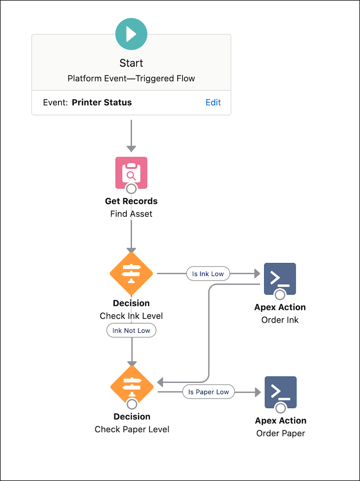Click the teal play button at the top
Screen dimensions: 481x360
[131, 34]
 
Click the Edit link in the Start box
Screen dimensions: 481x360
[213, 102]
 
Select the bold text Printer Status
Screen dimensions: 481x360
[102, 102]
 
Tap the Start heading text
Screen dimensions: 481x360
[131, 63]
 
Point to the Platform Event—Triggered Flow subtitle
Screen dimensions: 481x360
[131, 78]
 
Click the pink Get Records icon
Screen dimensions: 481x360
[131, 172]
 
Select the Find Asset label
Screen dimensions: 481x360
[131, 214]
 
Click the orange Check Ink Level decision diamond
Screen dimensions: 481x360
[131, 273]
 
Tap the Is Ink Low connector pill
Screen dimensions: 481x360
[208, 273]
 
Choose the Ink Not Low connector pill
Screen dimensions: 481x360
[131, 331]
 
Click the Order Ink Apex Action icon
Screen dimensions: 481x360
[280, 278]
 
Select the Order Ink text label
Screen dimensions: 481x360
[280, 320]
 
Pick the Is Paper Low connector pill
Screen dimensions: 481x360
[208, 392]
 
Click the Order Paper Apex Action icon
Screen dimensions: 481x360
[280, 392]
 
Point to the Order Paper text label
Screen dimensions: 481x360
[280, 434]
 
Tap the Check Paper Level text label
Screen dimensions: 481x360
[132, 430]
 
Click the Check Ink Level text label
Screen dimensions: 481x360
[131, 316]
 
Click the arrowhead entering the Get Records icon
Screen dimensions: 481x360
[131, 148]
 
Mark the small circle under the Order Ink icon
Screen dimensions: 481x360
[280, 295]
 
